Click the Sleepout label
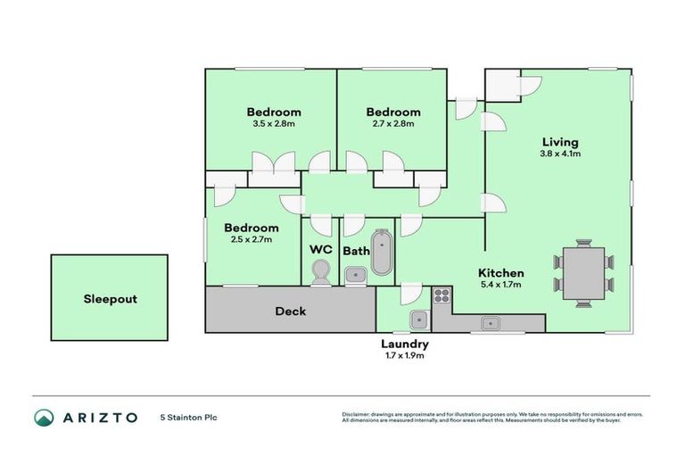point(110,299)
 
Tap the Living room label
point(560,142)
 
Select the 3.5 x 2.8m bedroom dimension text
point(273,123)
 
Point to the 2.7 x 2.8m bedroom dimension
point(393,123)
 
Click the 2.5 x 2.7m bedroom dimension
point(251,239)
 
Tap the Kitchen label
point(500,273)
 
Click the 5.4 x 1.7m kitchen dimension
point(500,285)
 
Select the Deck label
point(291,312)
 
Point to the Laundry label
point(405,344)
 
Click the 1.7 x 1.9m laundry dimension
point(405,355)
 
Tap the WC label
point(321,249)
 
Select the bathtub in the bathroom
point(382,253)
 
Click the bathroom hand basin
point(356,274)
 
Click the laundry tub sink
point(419,319)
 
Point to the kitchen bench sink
point(489,323)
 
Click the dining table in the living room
point(584,272)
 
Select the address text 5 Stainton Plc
point(188,418)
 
